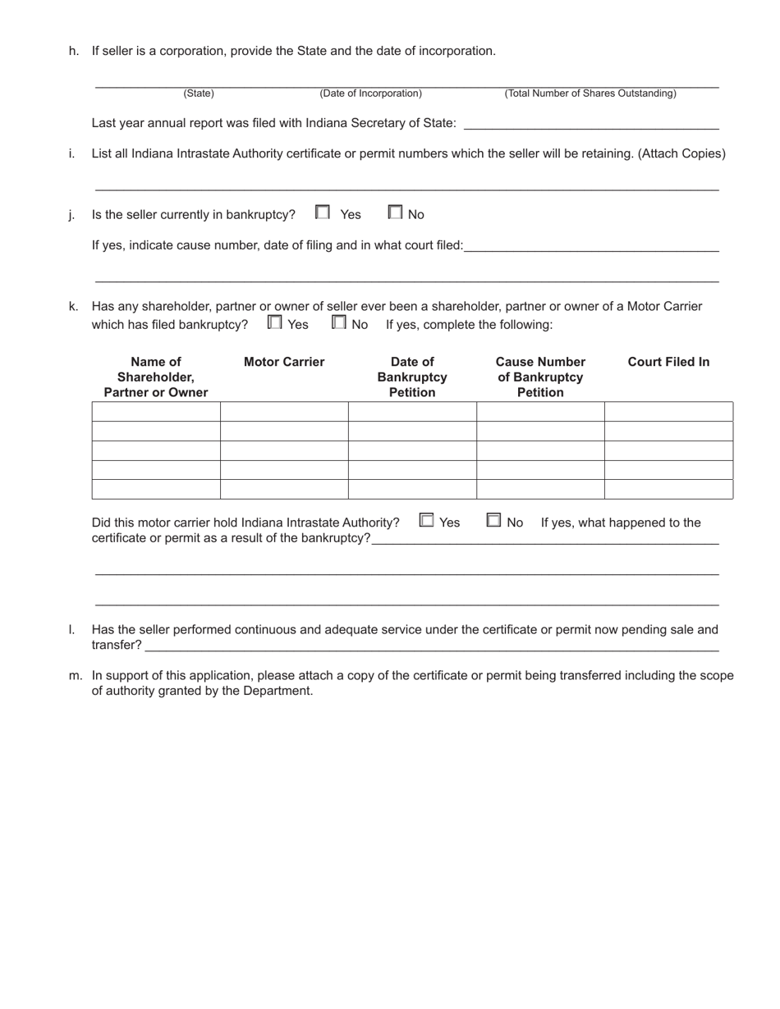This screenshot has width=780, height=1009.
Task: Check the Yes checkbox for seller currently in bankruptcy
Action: (323, 212)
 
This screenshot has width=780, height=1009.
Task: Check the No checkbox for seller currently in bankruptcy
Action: (395, 212)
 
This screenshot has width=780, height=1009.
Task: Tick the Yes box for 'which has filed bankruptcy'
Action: (274, 322)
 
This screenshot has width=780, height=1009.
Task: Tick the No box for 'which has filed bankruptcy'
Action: (338, 322)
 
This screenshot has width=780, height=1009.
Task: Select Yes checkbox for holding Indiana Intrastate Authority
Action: (426, 520)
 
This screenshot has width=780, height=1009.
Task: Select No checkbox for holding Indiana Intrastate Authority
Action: (493, 520)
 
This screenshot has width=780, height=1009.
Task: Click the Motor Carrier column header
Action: (284, 362)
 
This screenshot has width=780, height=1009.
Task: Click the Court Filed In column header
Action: (668, 362)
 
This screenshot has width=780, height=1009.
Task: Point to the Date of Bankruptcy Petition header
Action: (412, 377)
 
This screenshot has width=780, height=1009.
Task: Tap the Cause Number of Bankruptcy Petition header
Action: (540, 377)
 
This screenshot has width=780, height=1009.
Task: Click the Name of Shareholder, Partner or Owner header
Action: (156, 377)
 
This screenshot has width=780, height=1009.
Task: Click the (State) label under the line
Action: (199, 94)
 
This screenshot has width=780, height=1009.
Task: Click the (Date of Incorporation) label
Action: (371, 94)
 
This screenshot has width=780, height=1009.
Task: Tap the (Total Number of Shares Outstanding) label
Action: (590, 94)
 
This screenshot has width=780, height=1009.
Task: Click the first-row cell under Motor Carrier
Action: (284, 412)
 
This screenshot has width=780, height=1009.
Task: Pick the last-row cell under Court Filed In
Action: (668, 489)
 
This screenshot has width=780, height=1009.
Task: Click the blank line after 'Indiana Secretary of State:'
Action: (591, 123)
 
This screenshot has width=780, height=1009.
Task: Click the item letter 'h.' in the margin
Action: (74, 51)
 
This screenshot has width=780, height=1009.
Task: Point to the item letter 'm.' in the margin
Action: (76, 676)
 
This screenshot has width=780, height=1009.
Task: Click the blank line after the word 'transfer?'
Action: (431, 646)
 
